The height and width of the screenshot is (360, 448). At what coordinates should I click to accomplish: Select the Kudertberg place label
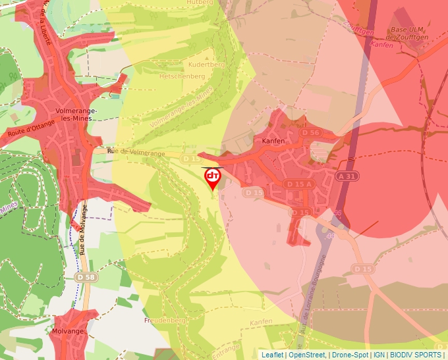click(x=207, y=64)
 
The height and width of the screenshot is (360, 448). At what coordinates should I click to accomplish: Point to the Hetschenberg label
click(x=182, y=76)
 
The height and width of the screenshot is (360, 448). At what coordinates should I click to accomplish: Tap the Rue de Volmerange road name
click(x=136, y=152)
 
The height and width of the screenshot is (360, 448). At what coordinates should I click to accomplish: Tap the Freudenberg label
click(x=165, y=321)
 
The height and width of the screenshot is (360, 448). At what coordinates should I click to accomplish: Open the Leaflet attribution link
click(x=273, y=355)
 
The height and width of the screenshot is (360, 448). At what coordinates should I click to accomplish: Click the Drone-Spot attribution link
click(x=350, y=355)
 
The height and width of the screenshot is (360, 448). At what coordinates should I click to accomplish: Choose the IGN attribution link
click(x=379, y=355)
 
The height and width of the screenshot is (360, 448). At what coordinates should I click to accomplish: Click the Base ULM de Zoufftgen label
click(x=407, y=34)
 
